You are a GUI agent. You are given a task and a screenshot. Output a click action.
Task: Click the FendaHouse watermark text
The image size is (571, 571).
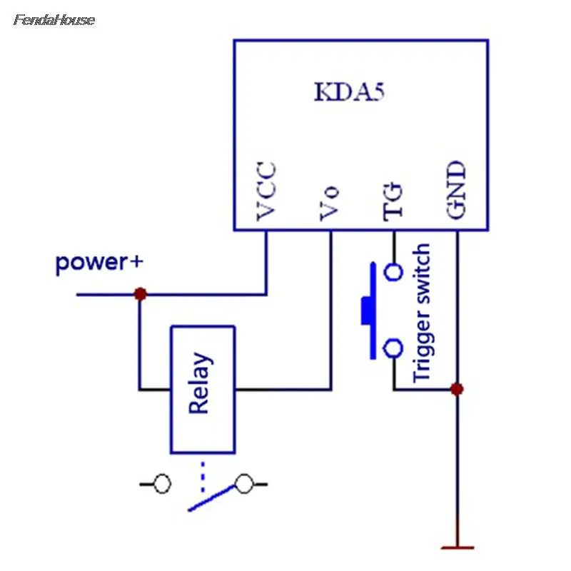coord(54,20)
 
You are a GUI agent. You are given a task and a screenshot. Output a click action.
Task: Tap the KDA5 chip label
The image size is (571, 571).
coord(349,92)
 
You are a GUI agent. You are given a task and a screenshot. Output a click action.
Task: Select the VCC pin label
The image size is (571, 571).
coord(266,191)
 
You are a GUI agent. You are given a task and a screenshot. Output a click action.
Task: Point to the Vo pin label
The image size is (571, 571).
coord(330,203)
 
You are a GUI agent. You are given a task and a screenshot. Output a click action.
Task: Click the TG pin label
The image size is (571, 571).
coord(393,202)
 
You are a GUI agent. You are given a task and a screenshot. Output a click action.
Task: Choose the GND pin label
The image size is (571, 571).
coord(456,190)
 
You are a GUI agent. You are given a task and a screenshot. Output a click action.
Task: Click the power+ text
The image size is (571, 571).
coord(99,263)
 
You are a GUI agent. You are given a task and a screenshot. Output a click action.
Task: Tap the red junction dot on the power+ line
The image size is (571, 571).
coord(141,294)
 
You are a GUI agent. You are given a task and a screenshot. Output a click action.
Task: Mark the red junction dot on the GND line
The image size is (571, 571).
coord(457,389)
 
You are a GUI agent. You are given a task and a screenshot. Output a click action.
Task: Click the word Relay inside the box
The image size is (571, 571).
coord(200,383)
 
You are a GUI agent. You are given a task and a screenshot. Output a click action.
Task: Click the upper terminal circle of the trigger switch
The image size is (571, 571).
coord(393,272)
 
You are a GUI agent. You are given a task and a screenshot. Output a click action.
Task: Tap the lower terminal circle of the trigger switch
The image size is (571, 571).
coord(393,348)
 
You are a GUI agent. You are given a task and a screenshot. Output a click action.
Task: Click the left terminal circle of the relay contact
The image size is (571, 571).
coord(162,484)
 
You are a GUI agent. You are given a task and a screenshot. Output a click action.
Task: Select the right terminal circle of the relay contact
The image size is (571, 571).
coord(244,484)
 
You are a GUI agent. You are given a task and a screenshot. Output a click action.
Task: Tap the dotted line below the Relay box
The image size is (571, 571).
coord(203,476)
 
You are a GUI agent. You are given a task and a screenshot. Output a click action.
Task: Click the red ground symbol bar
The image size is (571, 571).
coord(458,547)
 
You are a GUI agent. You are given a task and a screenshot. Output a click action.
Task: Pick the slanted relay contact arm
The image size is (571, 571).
coord(211,497)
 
